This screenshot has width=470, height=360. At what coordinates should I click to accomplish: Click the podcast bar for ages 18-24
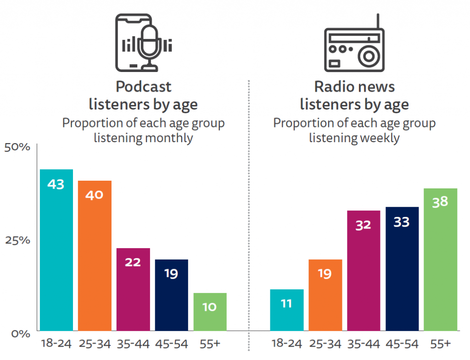(x=56, y=250)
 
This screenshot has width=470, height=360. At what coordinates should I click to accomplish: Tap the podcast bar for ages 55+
(x=210, y=312)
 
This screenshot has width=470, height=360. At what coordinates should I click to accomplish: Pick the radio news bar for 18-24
(x=286, y=310)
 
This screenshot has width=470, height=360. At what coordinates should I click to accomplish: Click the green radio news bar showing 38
(x=440, y=259)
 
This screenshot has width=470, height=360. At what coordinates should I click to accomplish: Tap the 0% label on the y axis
(x=20, y=333)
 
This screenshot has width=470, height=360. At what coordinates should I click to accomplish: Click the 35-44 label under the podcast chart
(x=133, y=344)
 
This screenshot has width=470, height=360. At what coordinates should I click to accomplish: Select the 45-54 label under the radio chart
(x=402, y=344)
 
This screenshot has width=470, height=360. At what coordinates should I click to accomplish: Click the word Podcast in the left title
(x=143, y=87)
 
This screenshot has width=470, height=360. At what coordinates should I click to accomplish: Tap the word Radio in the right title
(x=332, y=87)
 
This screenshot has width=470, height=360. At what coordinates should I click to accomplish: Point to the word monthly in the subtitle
(x=168, y=138)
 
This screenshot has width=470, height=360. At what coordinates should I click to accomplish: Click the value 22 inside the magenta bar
(x=133, y=262)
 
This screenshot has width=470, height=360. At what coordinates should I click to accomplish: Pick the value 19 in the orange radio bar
(x=325, y=274)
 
